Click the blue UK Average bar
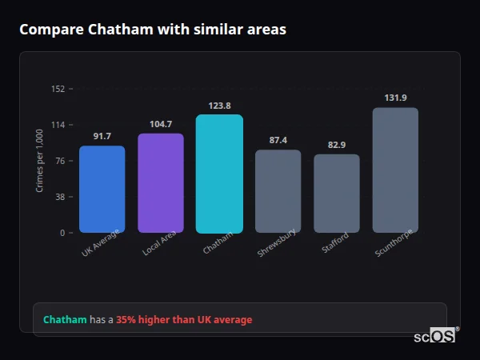click(x=102, y=190)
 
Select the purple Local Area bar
click(x=161, y=183)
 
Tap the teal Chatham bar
click(x=219, y=174)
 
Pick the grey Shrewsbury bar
click(x=278, y=191)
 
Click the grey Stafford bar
click(x=337, y=194)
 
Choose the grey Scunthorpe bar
click(x=395, y=170)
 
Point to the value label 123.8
click(x=219, y=106)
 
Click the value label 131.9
click(x=395, y=98)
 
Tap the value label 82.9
click(x=337, y=145)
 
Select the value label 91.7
click(x=102, y=137)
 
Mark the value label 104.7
click(x=161, y=124)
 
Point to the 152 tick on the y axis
click(x=58, y=89)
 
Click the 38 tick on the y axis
click(x=60, y=197)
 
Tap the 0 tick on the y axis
click(x=62, y=233)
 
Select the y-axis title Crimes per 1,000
click(x=40, y=161)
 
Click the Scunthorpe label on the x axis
click(x=394, y=243)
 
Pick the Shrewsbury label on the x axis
click(x=277, y=243)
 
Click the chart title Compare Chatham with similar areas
click(x=153, y=30)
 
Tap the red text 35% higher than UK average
click(x=184, y=320)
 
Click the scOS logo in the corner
click(x=435, y=336)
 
